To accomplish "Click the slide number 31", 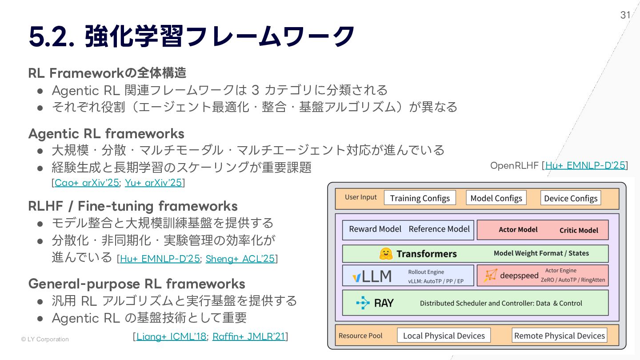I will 625,15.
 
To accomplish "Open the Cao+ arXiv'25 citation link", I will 87,183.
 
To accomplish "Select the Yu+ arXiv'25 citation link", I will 153,183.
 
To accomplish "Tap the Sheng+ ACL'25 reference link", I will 240,259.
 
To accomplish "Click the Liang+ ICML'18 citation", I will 171,336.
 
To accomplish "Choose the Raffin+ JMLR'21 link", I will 248,336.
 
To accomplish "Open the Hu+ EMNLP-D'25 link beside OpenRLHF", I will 585,165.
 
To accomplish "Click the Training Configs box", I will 420,198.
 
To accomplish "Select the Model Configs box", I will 496,198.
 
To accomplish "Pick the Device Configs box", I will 571,198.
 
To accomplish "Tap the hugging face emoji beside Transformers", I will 386,254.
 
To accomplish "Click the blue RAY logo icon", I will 363,303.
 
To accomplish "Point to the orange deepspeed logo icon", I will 490,276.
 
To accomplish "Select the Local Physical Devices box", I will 444,336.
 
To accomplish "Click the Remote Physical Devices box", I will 559,336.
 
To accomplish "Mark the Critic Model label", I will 579,230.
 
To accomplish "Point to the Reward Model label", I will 375,229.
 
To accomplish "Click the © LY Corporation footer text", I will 45,339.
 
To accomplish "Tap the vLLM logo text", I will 372,276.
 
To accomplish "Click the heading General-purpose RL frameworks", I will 136,284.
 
